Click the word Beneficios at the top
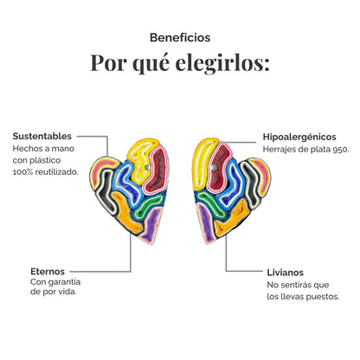pyautogui.click(x=180, y=37)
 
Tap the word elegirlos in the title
pyautogui.click(x=222, y=63)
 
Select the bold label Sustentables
pyautogui.click(x=42, y=136)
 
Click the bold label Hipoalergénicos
pyautogui.click(x=299, y=137)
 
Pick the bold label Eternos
pyautogui.click(x=48, y=272)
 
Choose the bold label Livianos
pyautogui.click(x=286, y=273)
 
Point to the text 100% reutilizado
pyautogui.click(x=46, y=172)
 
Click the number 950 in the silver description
pyautogui.click(x=341, y=150)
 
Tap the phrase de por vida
pyautogui.click(x=54, y=292)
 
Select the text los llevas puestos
pyautogui.click(x=303, y=297)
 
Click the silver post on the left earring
pyautogui.click(x=147, y=167)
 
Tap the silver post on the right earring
pyautogui.click(x=214, y=167)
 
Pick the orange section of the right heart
pyautogui.click(x=231, y=218)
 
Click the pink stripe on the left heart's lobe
pyautogui.click(x=101, y=170)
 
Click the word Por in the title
pyautogui.click(x=108, y=62)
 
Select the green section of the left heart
pyautogui.click(x=150, y=205)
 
